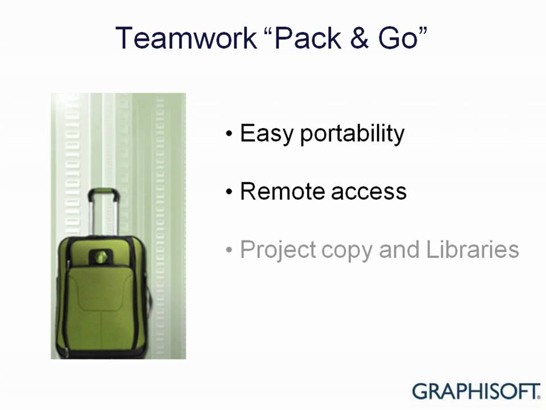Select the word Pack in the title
pyautogui.click(x=308, y=38)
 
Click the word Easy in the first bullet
pyautogui.click(x=266, y=134)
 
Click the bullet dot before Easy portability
pyautogui.click(x=229, y=135)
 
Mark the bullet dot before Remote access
pyautogui.click(x=229, y=192)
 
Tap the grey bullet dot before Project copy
pyautogui.click(x=229, y=250)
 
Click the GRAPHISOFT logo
pyautogui.click(x=475, y=391)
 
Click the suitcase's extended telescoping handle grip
pyautogui.click(x=103, y=193)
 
